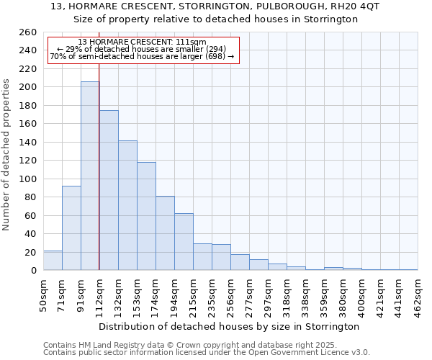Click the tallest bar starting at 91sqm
90,176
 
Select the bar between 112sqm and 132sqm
109,191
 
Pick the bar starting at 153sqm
146,216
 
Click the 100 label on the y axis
27,179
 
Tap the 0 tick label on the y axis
33,271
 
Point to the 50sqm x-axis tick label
43,296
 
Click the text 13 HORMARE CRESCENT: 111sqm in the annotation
142,42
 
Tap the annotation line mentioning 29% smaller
142,49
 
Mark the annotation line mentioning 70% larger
142,56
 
